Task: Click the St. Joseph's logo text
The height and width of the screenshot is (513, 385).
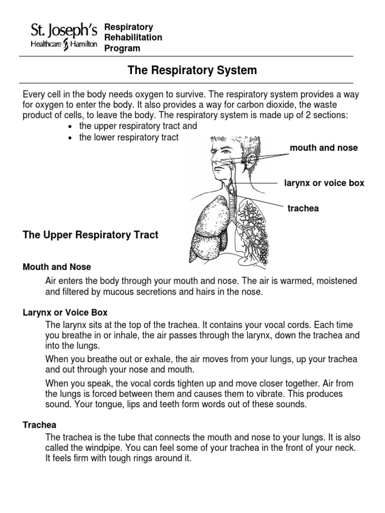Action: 63,32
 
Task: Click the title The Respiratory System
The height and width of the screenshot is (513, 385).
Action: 192,71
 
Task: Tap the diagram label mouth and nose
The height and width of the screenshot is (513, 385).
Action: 323,148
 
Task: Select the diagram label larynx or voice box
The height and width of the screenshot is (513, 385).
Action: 324,183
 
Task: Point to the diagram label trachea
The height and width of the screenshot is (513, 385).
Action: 303,208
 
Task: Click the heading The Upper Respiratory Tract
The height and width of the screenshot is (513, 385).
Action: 91,235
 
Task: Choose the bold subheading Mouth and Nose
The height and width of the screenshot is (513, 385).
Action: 57,267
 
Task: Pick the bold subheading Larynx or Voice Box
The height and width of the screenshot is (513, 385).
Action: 65,313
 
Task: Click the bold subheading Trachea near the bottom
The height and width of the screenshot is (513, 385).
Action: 40,425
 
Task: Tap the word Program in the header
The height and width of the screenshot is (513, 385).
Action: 122,49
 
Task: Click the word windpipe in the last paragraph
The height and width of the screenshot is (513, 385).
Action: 104,448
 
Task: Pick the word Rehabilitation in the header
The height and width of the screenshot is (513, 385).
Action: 133,38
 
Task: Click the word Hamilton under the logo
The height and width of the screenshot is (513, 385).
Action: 82,45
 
